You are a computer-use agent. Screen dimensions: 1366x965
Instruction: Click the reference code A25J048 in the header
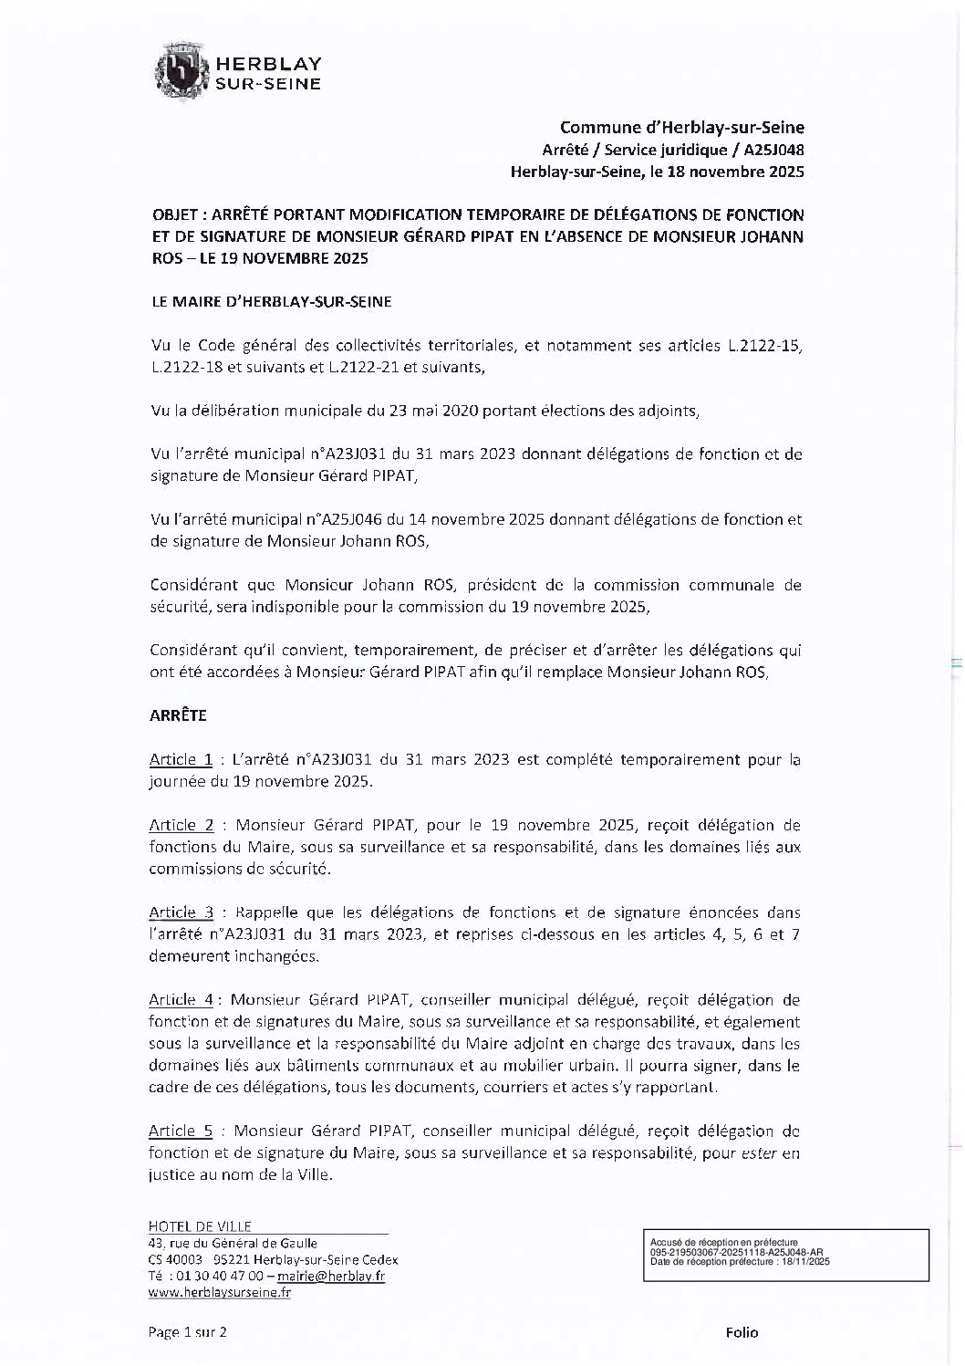tap(771, 150)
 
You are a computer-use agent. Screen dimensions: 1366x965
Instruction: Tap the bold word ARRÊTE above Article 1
tap(178, 715)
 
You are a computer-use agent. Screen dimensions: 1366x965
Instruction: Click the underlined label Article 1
tap(181, 759)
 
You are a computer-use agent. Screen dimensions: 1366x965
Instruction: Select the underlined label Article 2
tap(181, 825)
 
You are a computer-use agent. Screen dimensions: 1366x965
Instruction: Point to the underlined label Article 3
tap(181, 912)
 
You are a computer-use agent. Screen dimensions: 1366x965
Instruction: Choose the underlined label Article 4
tap(181, 1000)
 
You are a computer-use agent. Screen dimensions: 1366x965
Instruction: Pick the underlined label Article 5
tap(181, 1131)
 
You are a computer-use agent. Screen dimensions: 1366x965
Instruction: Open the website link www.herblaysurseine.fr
tap(219, 1293)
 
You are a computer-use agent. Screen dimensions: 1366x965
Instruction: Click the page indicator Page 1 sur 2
tap(187, 1332)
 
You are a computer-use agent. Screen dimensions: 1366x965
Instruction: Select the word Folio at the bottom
tap(742, 1332)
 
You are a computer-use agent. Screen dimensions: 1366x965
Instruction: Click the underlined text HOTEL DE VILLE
tap(199, 1226)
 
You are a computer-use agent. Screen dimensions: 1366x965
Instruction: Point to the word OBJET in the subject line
tap(172, 215)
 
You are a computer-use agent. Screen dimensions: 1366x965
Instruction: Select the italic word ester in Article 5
tap(759, 1153)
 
